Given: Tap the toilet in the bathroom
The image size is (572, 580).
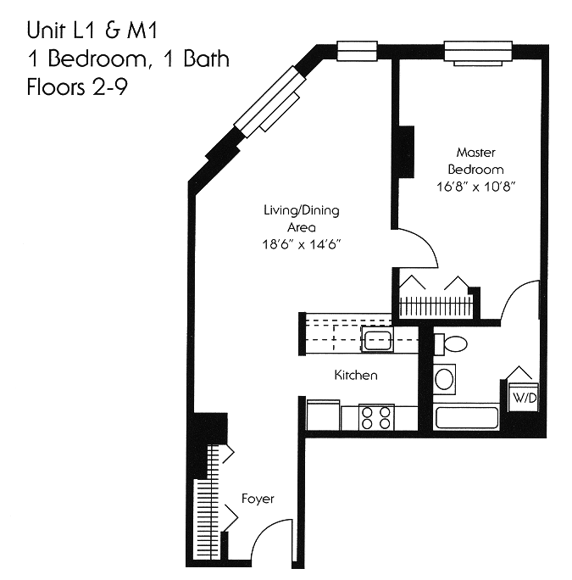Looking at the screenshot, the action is pos(450,344).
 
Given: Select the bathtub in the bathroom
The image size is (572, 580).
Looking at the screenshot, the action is pos(467,417).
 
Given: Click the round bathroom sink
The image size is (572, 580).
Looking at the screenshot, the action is pos(444,380).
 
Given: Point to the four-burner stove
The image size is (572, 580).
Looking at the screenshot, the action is pos(376,417).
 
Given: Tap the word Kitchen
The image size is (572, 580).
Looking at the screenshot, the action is pos(356,375).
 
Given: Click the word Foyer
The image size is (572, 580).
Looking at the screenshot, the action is pos(258,499).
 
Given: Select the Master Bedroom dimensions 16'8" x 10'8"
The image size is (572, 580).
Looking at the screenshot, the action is pos(476,187).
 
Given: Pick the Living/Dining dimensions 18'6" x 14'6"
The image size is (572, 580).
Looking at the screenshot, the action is pos(302,244).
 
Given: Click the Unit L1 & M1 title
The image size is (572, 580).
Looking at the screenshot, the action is pos(92,30).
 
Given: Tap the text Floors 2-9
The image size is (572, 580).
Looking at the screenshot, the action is pos(77,87).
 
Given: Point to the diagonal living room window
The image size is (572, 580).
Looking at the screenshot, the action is pos(270,102).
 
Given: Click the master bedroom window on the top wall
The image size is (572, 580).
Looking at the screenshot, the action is pos(478,51).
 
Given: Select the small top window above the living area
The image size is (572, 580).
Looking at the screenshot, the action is pos(357,51).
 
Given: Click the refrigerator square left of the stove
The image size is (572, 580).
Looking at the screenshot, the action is pos(323,415).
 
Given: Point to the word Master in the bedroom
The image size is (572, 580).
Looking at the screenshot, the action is pos(476,153).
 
